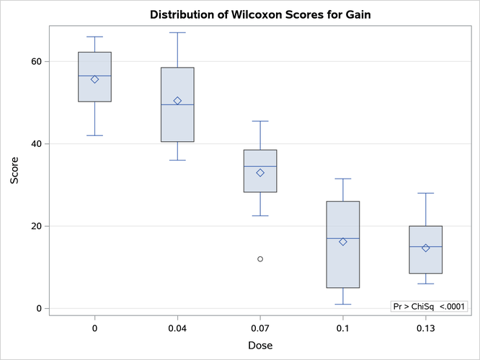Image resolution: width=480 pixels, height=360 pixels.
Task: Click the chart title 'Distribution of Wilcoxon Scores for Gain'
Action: (259, 14)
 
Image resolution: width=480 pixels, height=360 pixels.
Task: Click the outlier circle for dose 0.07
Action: (260, 258)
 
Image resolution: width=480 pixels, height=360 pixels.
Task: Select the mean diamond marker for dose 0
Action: (94, 79)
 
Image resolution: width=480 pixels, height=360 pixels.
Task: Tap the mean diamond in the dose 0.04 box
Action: (177, 101)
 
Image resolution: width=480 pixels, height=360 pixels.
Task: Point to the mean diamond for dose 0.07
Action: (260, 173)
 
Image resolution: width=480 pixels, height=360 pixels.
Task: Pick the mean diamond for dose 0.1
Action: (343, 242)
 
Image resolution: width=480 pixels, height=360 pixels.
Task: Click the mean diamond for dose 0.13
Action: (426, 248)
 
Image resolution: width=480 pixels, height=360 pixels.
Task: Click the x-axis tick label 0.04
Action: (177, 329)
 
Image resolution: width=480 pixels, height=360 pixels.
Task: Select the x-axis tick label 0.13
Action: (426, 329)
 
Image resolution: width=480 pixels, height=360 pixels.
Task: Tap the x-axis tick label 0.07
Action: (260, 329)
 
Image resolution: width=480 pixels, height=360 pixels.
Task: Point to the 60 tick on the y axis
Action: (34, 62)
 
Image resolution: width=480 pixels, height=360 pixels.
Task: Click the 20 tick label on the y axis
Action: (34, 226)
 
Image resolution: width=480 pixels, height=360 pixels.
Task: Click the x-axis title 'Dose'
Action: (260, 346)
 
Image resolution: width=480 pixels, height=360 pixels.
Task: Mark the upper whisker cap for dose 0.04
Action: (177, 32)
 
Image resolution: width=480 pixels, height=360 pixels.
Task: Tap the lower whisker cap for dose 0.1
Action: (343, 304)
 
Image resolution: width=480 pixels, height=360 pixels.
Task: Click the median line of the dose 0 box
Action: (94, 76)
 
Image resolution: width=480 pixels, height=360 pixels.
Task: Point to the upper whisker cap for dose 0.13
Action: (426, 193)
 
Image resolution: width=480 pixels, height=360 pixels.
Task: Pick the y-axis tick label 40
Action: (34, 144)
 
